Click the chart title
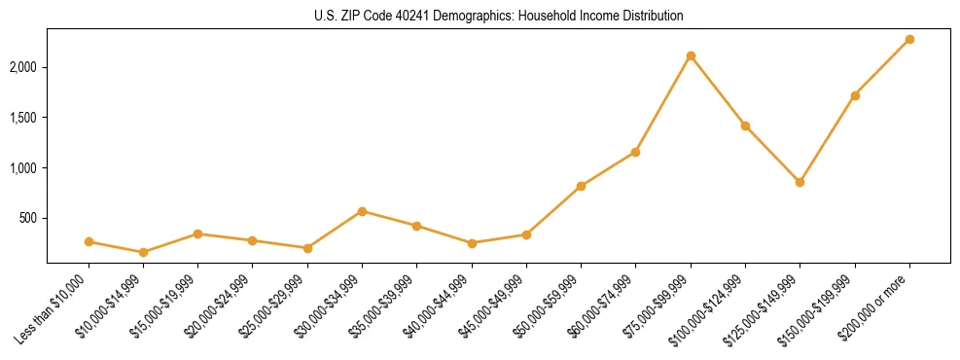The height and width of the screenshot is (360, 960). tap(498, 17)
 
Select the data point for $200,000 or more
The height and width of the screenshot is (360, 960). tap(909, 39)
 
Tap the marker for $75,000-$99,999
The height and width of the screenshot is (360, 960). tap(691, 55)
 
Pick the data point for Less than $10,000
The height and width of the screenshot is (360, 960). tap(89, 241)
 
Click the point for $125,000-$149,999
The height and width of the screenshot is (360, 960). tap(800, 182)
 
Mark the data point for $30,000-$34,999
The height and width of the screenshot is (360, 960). tap(362, 211)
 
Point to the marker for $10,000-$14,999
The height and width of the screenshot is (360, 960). tap(144, 252)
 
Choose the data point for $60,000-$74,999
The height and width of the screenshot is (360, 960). tap(635, 152)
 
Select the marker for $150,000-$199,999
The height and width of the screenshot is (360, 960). tap(855, 95)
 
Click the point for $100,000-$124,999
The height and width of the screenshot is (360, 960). tap(745, 126)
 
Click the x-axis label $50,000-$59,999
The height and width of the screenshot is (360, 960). tap(551, 306)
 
